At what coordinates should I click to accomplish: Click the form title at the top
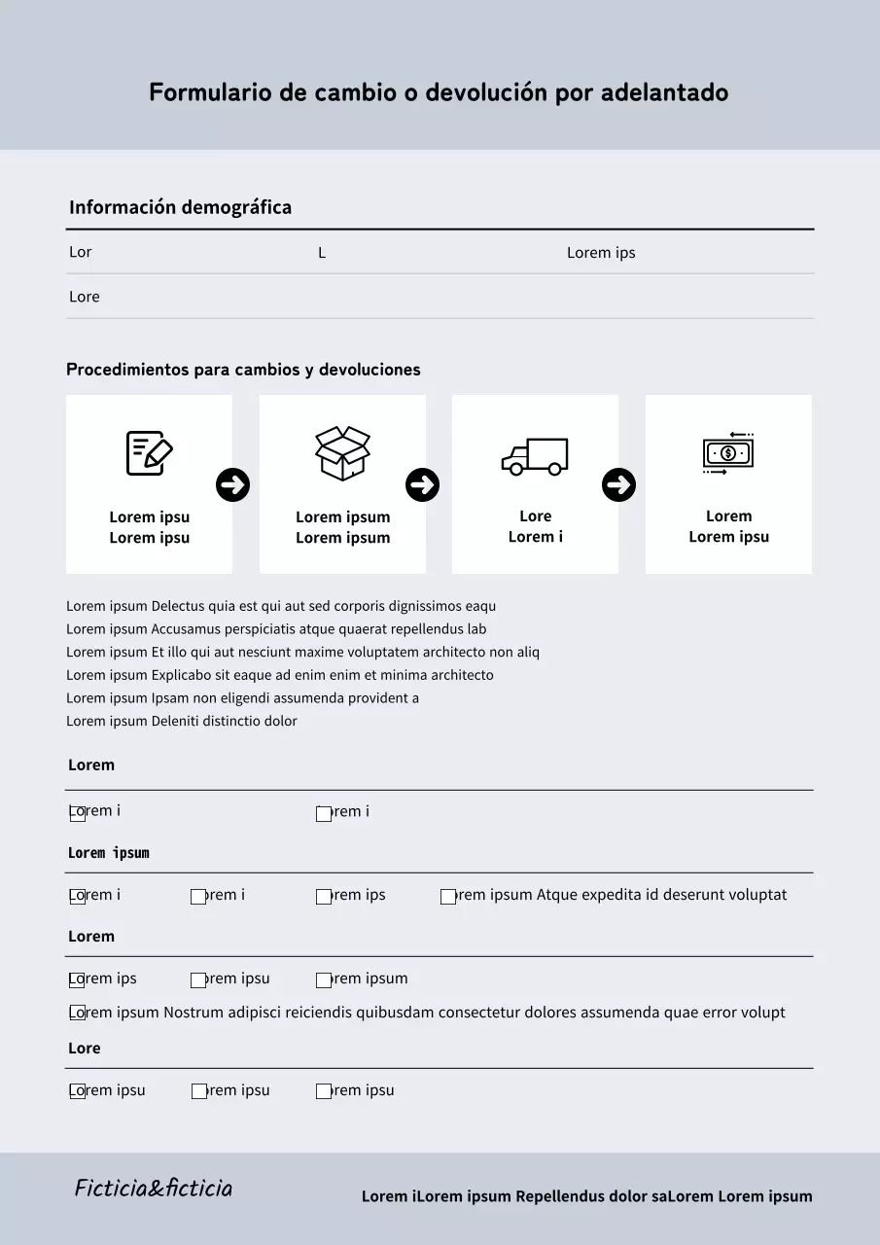[x=439, y=92]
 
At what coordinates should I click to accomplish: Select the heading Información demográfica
[x=180, y=207]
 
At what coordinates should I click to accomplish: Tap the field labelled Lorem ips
[x=601, y=253]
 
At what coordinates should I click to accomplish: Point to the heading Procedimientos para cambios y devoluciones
[x=243, y=370]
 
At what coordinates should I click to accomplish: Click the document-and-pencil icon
[x=149, y=453]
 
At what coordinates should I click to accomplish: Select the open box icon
[x=342, y=453]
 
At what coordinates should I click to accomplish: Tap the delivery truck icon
[x=535, y=455]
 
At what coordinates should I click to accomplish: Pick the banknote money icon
[x=728, y=453]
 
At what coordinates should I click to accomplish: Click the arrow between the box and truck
[x=422, y=484]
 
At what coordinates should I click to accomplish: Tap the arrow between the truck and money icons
[x=618, y=484]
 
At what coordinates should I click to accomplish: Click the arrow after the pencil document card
[x=232, y=484]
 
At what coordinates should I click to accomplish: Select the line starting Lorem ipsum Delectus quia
[x=281, y=606]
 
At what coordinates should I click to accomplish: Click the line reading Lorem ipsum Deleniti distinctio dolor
[x=182, y=721]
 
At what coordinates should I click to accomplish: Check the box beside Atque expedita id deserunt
[x=448, y=897]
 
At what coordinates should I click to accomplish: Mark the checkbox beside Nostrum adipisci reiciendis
[x=78, y=1014]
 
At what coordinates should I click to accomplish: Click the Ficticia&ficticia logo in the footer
[x=154, y=1188]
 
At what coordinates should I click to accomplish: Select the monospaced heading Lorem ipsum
[x=108, y=853]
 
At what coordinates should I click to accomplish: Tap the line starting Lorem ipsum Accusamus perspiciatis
[x=276, y=629]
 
